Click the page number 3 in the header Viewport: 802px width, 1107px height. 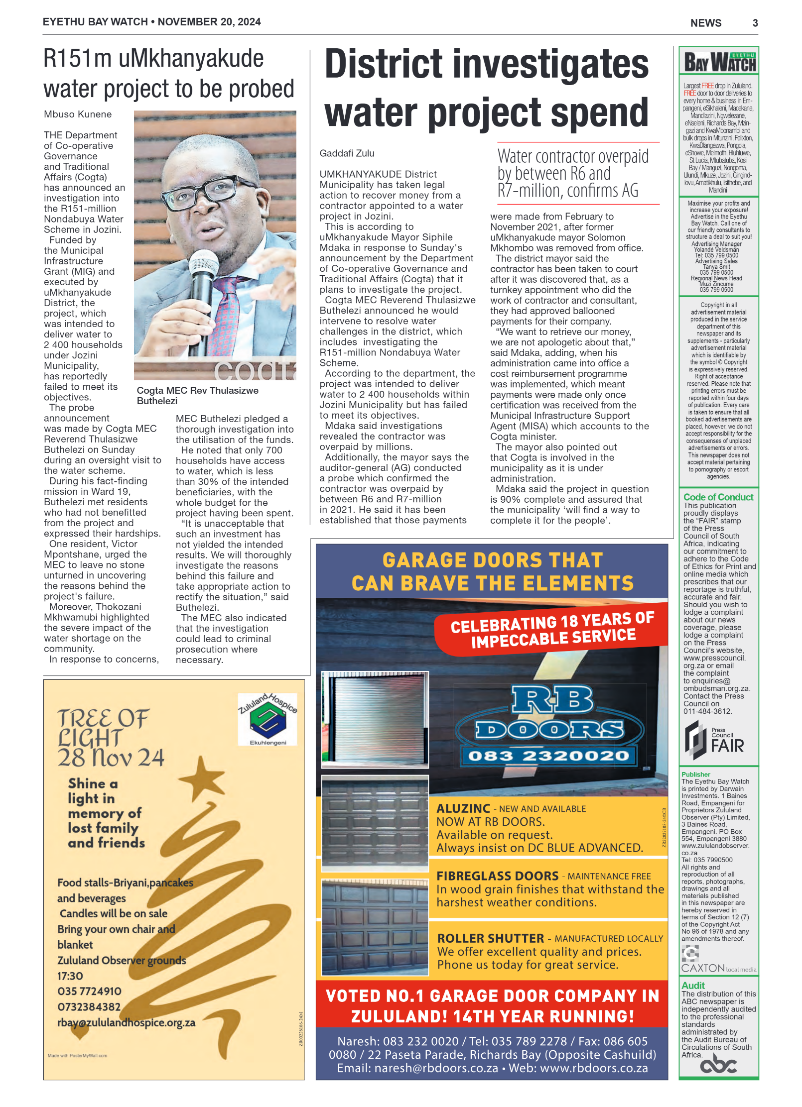click(755, 23)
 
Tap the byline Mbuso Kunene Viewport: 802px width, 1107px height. click(78, 114)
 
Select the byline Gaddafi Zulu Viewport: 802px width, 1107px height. click(347, 153)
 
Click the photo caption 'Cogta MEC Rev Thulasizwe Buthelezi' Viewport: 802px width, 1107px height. click(197, 396)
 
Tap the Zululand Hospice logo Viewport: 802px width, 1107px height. click(267, 719)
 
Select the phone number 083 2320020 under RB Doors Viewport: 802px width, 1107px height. click(548, 756)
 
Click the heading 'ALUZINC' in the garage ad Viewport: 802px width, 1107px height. click(463, 808)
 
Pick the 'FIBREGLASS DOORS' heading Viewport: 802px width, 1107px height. click(497, 876)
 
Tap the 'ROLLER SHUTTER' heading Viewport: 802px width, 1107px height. click(490, 938)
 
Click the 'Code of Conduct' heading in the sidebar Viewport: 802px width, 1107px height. click(718, 497)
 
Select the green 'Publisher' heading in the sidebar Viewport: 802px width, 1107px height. click(695, 775)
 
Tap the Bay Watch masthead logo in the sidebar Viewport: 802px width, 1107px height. click(719, 62)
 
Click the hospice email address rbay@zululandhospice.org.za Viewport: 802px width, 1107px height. click(126, 1022)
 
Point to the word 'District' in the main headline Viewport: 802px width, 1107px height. click(384, 65)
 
